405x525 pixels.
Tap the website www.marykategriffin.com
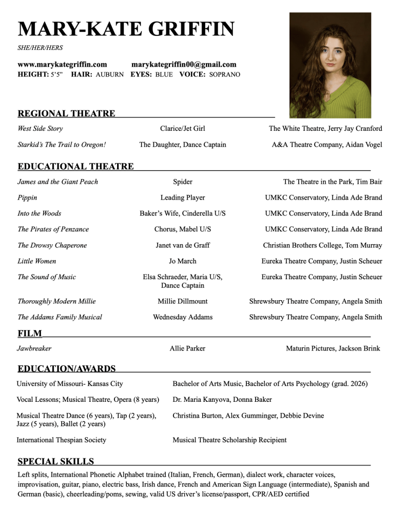tap(62, 65)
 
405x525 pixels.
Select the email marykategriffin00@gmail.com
tap(184, 65)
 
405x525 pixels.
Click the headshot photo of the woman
tap(330, 65)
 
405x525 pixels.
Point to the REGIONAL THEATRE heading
tap(66, 113)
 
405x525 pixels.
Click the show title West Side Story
tap(40, 129)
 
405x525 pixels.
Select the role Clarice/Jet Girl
tap(182, 129)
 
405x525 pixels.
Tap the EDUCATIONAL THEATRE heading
tap(75, 166)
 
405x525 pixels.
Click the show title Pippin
tap(27, 198)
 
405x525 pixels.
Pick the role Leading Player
tap(182, 198)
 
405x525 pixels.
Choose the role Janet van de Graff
tap(182, 245)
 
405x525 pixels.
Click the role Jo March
tap(182, 261)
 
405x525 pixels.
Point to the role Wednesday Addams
tap(182, 317)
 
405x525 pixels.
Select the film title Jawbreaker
tap(34, 348)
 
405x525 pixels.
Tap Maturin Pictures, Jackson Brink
tap(333, 348)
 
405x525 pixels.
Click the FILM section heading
tap(30, 334)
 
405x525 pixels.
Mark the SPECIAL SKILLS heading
tap(55, 461)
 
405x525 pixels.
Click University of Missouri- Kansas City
tap(70, 383)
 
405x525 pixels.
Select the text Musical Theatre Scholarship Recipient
tap(229, 440)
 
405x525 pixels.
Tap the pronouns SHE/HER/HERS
tap(40, 48)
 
